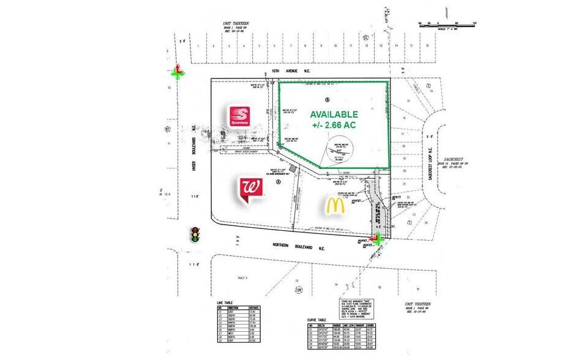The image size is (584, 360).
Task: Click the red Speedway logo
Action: (x=241, y=116)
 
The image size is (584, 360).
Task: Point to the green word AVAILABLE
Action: (x=334, y=114)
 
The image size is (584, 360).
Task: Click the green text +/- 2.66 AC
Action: (x=334, y=126)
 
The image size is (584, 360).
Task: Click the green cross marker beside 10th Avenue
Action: (x=178, y=73)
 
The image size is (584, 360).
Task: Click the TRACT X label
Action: (x=244, y=279)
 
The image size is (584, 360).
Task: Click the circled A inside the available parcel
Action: (x=327, y=100)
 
